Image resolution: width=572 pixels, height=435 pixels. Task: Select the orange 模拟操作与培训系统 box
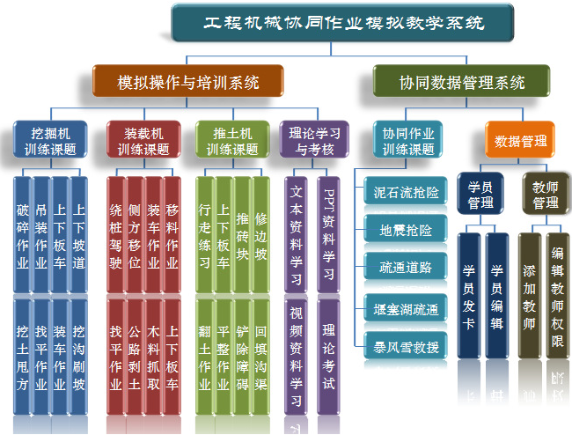click(188, 83)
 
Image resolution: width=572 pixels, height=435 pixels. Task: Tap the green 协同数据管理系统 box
click(449, 83)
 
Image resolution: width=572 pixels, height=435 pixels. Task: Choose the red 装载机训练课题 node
click(143, 140)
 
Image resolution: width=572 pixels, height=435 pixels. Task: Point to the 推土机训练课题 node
click(231, 140)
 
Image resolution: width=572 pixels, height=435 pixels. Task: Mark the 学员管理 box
click(480, 195)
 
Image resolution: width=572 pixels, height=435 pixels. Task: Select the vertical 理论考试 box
click(327, 358)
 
